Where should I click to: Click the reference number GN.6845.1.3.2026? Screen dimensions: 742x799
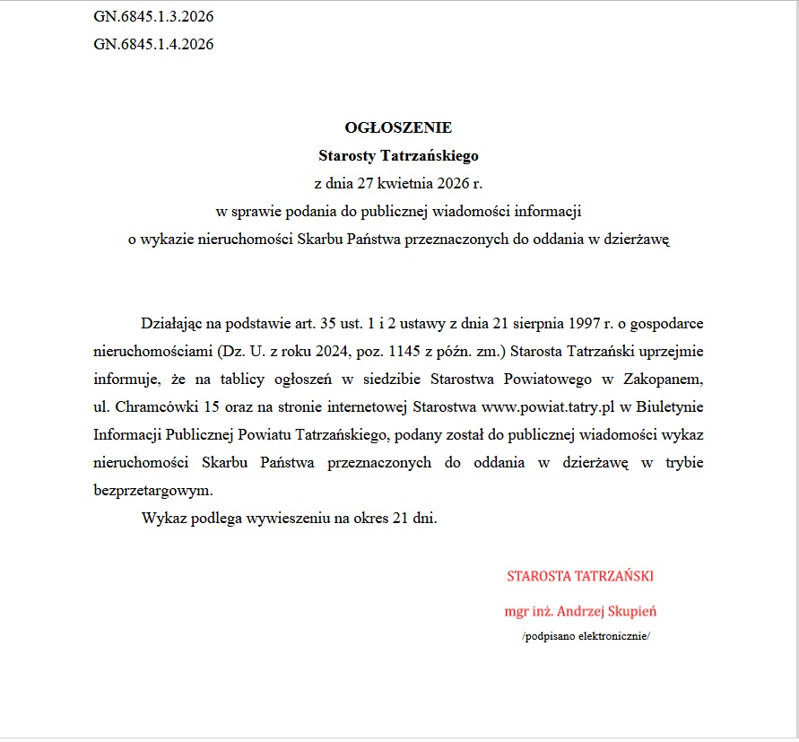[153, 16]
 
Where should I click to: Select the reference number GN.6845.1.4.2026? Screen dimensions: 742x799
[153, 43]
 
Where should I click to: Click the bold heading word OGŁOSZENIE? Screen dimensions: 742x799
[398, 127]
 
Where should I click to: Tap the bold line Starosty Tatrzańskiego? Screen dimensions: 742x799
[398, 155]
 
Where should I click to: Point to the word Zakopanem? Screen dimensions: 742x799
[664, 378]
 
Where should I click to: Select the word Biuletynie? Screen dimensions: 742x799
[671, 406]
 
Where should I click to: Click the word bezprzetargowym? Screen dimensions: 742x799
[153, 491]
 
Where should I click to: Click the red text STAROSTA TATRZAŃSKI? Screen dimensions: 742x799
[580, 575]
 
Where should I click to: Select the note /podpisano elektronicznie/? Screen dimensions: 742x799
[585, 636]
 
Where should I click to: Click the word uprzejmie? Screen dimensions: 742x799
[673, 350]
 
